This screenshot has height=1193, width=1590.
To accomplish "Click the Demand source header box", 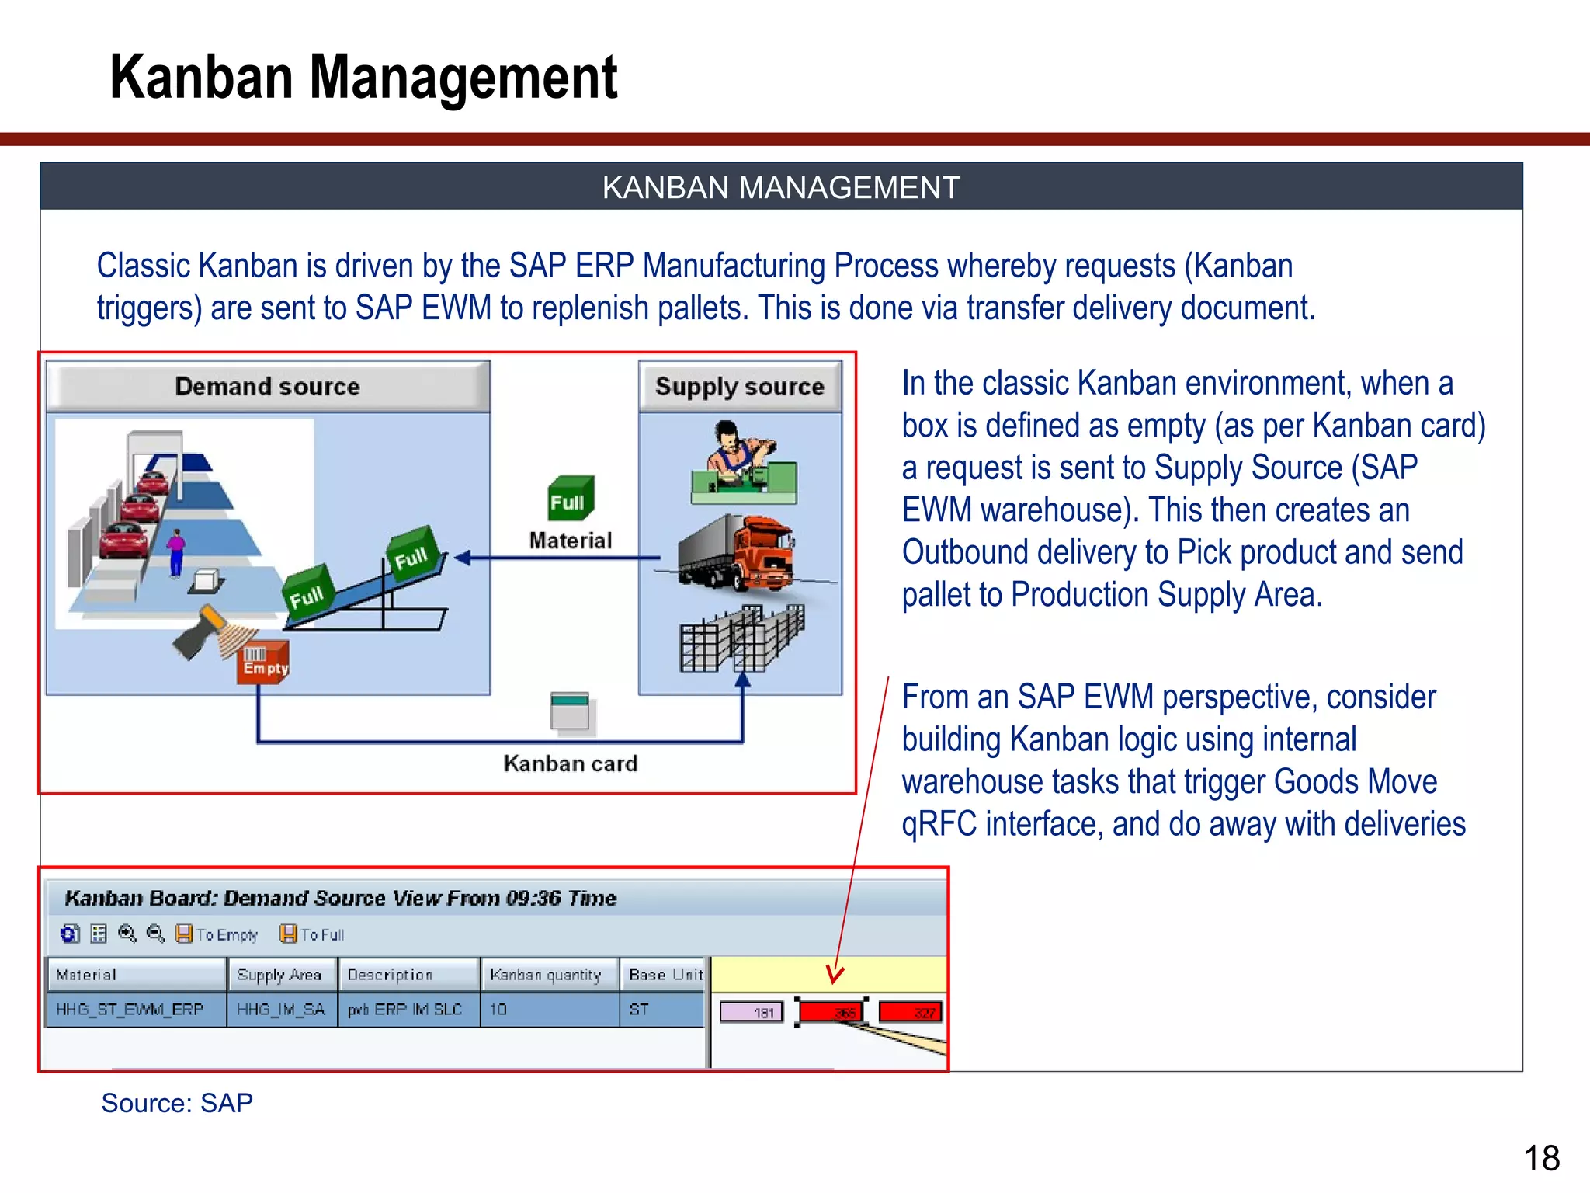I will (x=268, y=386).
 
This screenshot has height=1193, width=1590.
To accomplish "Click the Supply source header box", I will (x=739, y=386).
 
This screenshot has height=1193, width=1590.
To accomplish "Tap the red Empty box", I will (x=264, y=663).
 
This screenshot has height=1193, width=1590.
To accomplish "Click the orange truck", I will (x=738, y=553).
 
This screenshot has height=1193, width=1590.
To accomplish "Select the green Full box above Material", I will (x=570, y=498).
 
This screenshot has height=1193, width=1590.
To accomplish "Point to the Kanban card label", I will (x=570, y=763).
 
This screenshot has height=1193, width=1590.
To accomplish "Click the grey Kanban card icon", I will (x=570, y=711).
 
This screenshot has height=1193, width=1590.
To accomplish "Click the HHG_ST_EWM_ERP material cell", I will (x=130, y=1009).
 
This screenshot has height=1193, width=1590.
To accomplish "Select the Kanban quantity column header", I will (x=547, y=975).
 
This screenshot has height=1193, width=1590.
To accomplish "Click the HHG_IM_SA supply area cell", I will (x=281, y=1009).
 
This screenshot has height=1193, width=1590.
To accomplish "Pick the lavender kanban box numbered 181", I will (x=752, y=1012).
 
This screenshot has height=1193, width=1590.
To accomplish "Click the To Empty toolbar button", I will (x=217, y=934).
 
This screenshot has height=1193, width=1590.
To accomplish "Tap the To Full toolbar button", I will (x=312, y=934).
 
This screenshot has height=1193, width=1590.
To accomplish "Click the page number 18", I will (x=1541, y=1158).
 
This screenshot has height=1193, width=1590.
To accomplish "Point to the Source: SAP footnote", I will (x=177, y=1103).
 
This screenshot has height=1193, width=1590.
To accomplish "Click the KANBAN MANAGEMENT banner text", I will (x=781, y=187).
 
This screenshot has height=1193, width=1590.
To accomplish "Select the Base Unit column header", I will (x=665, y=975).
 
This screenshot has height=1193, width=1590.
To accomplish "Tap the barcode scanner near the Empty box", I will (x=202, y=629).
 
